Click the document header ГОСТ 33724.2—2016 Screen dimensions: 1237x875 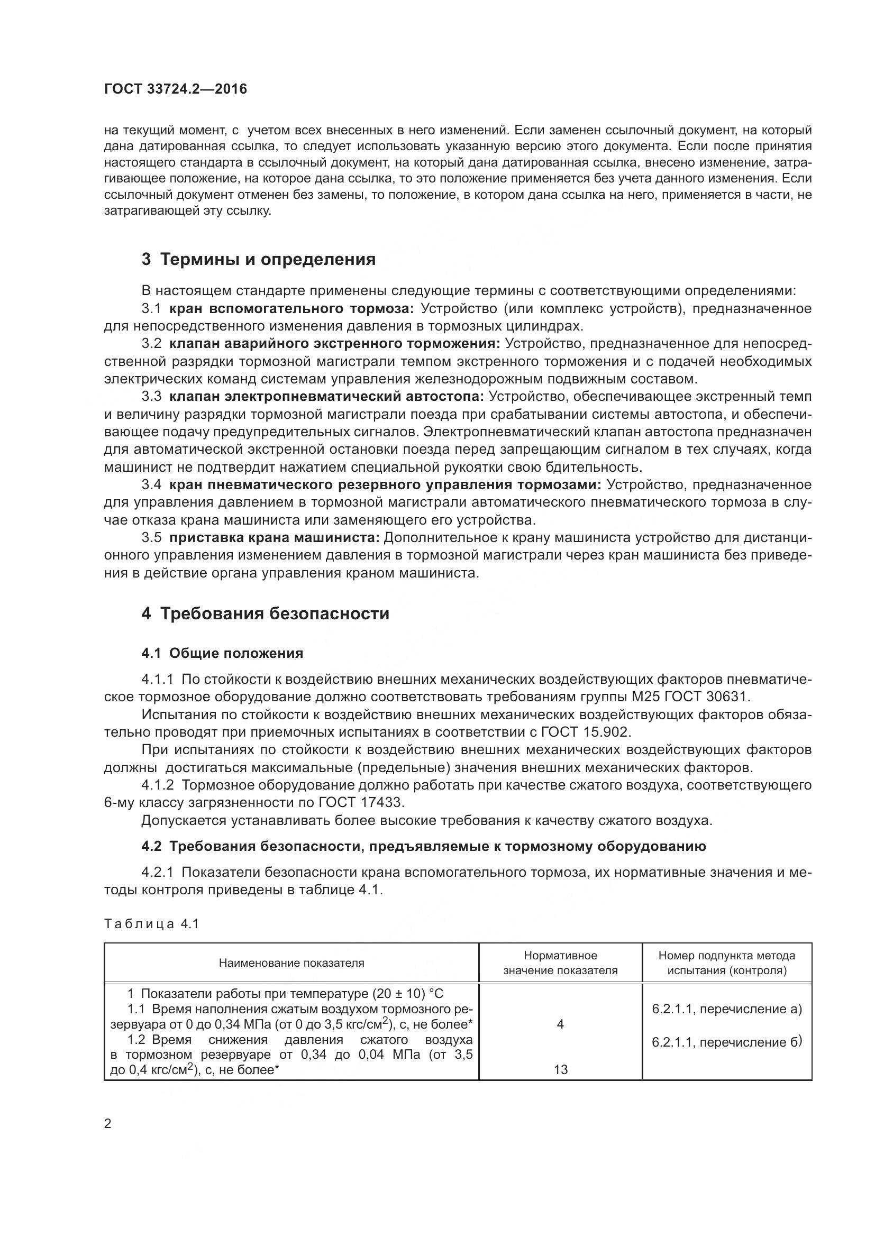tap(175, 89)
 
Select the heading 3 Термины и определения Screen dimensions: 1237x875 tap(259, 260)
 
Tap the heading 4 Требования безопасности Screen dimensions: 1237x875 tap(265, 613)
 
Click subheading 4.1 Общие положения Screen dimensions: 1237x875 tap(222, 653)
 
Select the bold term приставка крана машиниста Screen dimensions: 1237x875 tap(274, 538)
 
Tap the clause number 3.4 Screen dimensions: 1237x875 tap(151, 485)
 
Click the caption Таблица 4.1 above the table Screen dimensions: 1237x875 tap(152, 924)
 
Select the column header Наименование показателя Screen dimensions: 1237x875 tap(291, 963)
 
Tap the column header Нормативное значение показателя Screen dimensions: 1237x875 tap(560, 963)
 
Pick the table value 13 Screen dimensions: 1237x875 tap(560, 1069)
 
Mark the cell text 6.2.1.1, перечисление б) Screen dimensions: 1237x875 tap(727, 1042)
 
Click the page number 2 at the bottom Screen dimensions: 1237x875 tap(108, 1124)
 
